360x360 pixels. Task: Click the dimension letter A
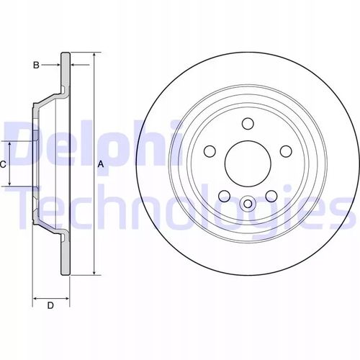coord(101,164)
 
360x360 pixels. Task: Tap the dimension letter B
coord(36,65)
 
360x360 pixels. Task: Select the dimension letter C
coord(3,164)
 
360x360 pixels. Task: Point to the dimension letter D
coord(50,305)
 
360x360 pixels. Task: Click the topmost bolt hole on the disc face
coord(248,123)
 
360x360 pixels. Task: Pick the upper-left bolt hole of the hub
coord(210,151)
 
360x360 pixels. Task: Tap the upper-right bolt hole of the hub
coord(286,151)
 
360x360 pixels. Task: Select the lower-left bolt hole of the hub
coord(224,196)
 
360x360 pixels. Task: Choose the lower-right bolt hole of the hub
coord(271,196)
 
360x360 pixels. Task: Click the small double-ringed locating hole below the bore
coord(248,204)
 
